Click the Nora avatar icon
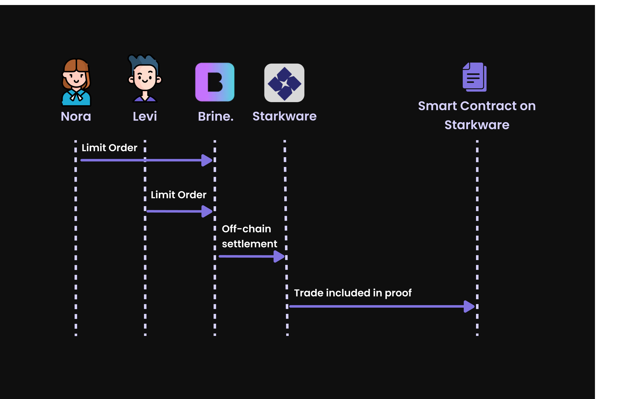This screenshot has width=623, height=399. (76, 82)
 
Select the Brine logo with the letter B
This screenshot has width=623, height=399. (215, 82)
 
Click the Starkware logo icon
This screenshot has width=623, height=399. (284, 83)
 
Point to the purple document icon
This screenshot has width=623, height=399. (475, 77)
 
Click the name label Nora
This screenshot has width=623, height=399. (76, 116)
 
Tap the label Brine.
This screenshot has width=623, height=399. (216, 116)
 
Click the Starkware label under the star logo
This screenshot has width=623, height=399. (284, 116)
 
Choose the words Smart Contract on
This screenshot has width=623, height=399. (477, 106)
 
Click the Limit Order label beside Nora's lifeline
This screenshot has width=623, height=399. (109, 148)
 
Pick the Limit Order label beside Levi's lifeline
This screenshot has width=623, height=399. (179, 195)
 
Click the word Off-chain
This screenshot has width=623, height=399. (246, 229)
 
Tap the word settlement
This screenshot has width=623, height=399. (250, 244)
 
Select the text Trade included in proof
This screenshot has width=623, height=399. (353, 293)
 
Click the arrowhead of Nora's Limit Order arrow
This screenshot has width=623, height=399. (207, 160)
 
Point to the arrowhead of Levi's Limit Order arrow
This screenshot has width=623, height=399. (207, 212)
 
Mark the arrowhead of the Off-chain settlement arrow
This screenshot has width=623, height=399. (279, 257)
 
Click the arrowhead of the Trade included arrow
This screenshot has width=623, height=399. (469, 306)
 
